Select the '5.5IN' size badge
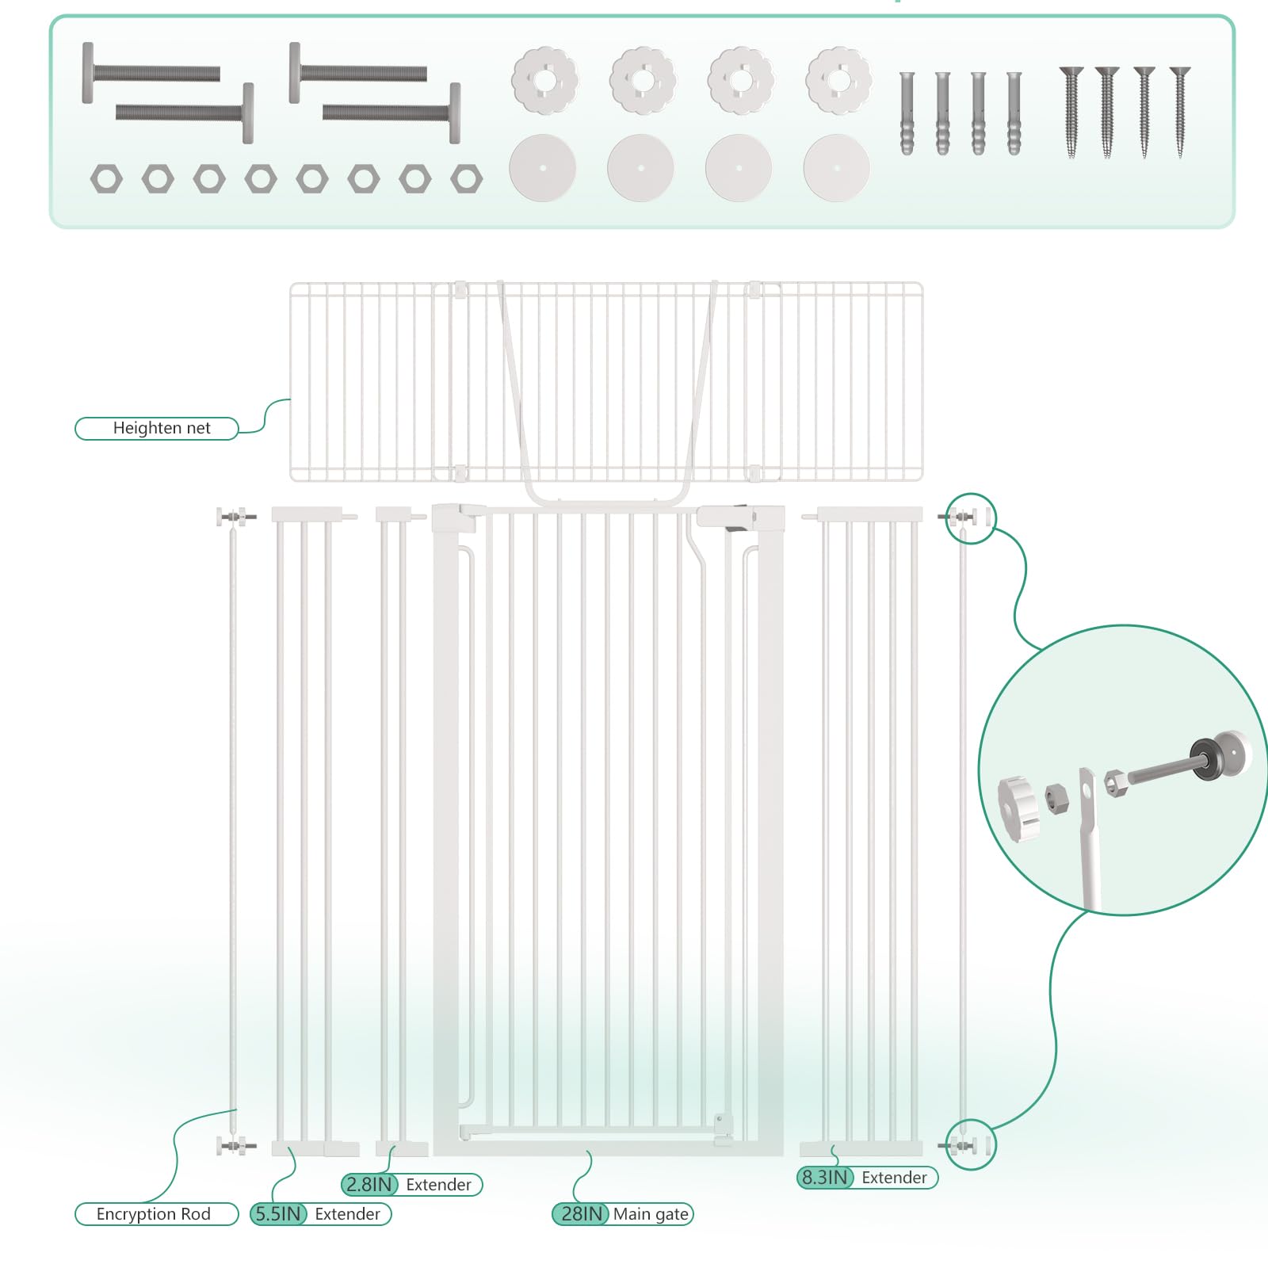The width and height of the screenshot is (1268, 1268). coord(278,1214)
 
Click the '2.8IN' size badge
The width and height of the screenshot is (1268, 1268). coord(369,1185)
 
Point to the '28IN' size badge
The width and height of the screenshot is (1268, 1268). coord(581,1214)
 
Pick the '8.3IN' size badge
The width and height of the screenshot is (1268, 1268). coord(825,1178)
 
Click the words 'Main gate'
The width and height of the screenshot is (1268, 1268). coord(651,1214)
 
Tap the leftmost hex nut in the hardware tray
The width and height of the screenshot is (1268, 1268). coord(106,179)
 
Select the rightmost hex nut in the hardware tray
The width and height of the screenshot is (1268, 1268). coord(467,179)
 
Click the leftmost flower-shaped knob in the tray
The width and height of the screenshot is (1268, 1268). coord(544,80)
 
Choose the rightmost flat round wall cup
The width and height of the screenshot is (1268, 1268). coord(837,168)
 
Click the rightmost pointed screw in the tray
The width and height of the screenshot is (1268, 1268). coord(1180,112)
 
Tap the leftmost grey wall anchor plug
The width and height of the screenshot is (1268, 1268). coord(907,113)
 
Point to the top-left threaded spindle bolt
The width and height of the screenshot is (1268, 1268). coord(151,73)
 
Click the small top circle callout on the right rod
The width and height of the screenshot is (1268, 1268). coord(971,518)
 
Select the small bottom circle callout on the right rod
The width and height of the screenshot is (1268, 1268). coord(971,1144)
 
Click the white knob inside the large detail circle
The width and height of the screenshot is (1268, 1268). coord(1018,809)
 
